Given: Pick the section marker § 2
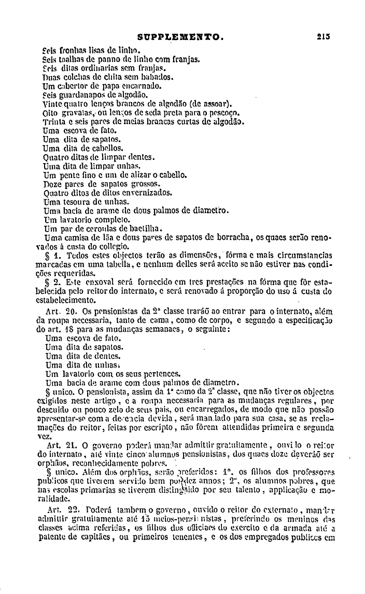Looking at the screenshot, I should click(54, 282).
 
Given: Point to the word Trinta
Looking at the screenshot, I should click(55, 121).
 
